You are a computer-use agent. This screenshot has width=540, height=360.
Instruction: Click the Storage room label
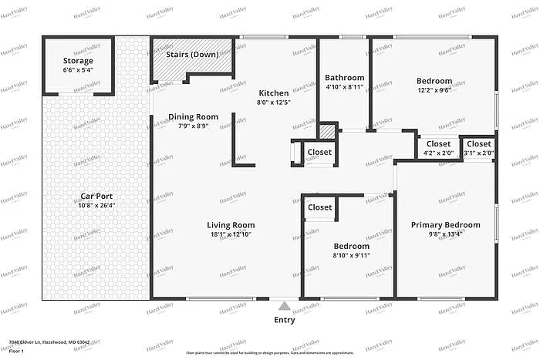click(78, 61)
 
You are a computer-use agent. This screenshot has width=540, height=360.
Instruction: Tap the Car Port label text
click(96, 197)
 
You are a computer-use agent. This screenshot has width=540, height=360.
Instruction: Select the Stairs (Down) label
click(193, 55)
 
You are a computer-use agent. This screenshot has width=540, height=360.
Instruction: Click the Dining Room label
click(193, 117)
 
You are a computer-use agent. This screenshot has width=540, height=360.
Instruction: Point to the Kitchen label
click(273, 93)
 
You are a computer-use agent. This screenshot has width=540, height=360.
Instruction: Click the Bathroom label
click(344, 78)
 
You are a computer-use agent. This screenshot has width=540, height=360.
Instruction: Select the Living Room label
click(231, 225)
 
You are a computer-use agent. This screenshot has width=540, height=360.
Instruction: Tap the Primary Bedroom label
click(445, 225)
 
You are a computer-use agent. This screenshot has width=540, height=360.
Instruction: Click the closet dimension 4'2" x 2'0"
click(438, 153)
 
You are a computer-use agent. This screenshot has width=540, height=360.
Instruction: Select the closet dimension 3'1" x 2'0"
click(478, 153)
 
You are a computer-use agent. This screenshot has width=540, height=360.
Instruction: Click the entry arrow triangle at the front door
click(285, 305)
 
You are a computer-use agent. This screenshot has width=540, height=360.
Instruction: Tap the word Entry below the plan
click(285, 319)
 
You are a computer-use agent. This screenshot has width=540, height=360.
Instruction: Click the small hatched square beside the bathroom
click(328, 132)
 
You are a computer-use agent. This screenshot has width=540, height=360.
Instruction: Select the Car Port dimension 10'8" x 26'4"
click(96, 206)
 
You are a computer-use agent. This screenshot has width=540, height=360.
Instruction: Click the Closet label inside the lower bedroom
click(320, 207)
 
